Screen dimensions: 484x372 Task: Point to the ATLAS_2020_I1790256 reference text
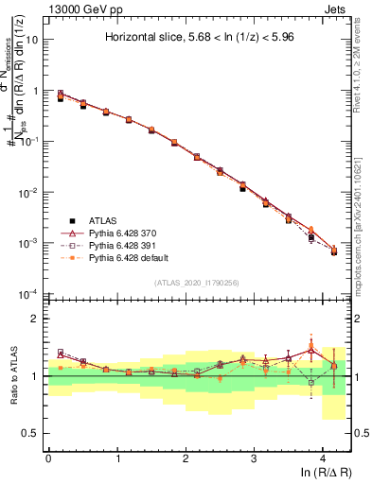[x=197, y=283]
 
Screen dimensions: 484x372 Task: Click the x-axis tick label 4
[x=323, y=456]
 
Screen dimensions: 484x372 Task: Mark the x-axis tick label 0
[x=48, y=456]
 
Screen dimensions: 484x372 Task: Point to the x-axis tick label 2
[x=186, y=456]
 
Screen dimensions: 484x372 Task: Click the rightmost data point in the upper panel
[x=333, y=251]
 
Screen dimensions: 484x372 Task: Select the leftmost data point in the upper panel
[x=61, y=96]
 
